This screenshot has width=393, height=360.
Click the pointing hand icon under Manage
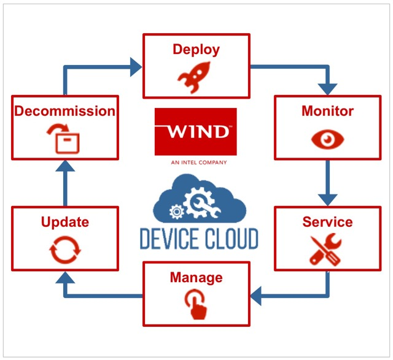(x=196, y=305)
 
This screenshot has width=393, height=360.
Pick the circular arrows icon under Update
(x=65, y=250)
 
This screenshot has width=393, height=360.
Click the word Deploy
(x=196, y=49)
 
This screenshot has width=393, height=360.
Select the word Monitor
(x=327, y=111)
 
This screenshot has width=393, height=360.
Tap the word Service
(x=327, y=221)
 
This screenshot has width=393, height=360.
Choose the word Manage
(x=196, y=278)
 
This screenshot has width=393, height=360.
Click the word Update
(x=65, y=221)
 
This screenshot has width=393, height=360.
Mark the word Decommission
(x=65, y=111)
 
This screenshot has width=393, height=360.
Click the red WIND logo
(x=196, y=131)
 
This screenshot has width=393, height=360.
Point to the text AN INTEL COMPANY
(x=196, y=163)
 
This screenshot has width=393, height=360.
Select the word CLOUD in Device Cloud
(x=228, y=239)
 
